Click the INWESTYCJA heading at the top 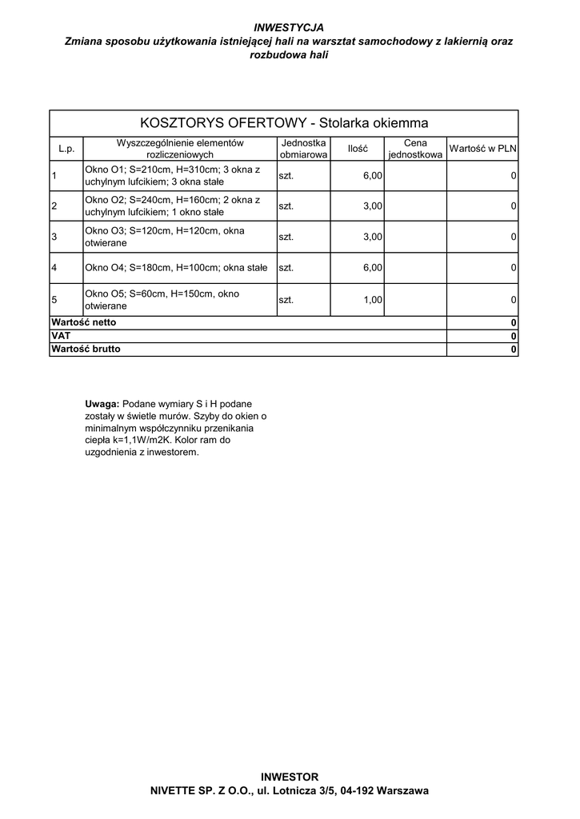[x=289, y=27]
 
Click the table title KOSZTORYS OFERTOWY [x=284, y=123]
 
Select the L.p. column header [x=66, y=149]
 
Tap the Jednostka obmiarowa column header [x=303, y=148]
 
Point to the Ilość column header [x=358, y=149]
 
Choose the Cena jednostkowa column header [x=415, y=149]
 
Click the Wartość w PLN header [x=482, y=149]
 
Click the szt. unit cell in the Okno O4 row [x=286, y=268]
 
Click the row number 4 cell [x=54, y=268]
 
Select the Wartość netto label [x=83, y=322]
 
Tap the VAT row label [x=61, y=336]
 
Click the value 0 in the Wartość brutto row [x=514, y=350]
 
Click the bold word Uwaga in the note [x=102, y=404]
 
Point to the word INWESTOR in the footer [x=290, y=777]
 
